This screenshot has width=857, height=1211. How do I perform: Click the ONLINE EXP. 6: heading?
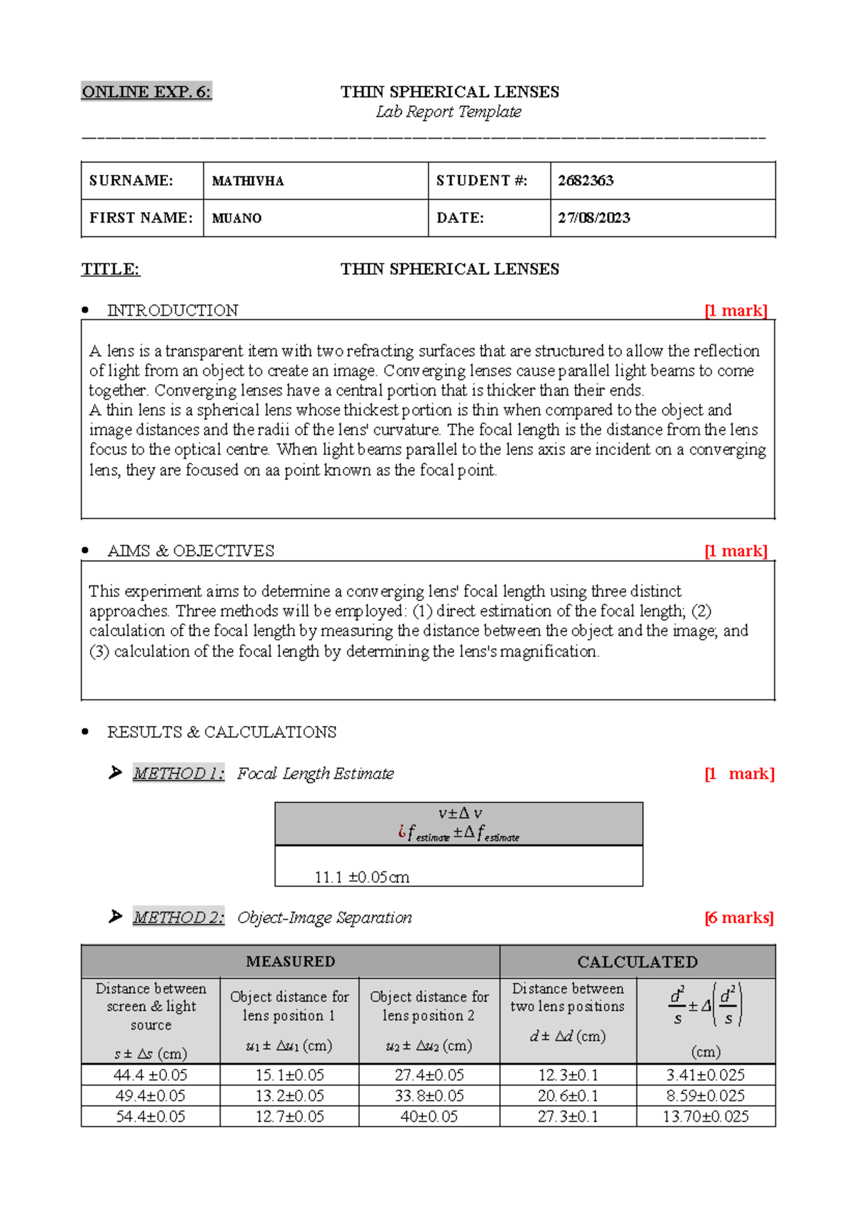click(146, 91)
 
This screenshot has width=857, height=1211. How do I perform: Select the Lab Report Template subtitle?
click(448, 112)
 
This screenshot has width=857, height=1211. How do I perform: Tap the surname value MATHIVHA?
click(248, 181)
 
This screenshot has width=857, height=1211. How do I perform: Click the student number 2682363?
click(586, 181)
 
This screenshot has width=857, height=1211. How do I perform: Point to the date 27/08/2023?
click(593, 218)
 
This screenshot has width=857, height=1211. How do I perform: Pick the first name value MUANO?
click(236, 218)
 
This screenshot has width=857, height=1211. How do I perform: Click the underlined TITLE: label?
click(111, 269)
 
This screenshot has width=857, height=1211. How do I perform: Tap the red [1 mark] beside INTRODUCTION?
click(736, 311)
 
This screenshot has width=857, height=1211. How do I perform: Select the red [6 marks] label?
click(738, 918)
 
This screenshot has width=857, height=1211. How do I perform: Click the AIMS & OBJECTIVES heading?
click(191, 551)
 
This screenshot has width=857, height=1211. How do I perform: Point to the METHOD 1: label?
click(179, 773)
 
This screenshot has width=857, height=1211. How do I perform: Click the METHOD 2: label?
click(179, 918)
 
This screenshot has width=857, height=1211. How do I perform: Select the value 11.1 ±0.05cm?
click(362, 877)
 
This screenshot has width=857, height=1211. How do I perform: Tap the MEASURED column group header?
click(291, 961)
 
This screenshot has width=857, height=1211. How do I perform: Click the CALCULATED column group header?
click(637, 962)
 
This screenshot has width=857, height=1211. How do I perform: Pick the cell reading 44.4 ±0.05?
click(151, 1075)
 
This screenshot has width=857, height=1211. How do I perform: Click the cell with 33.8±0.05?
click(429, 1095)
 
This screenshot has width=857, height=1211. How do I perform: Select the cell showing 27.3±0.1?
click(568, 1116)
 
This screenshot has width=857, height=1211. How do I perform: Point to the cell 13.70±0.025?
click(706, 1116)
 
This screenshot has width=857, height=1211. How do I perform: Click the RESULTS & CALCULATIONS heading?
click(221, 732)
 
